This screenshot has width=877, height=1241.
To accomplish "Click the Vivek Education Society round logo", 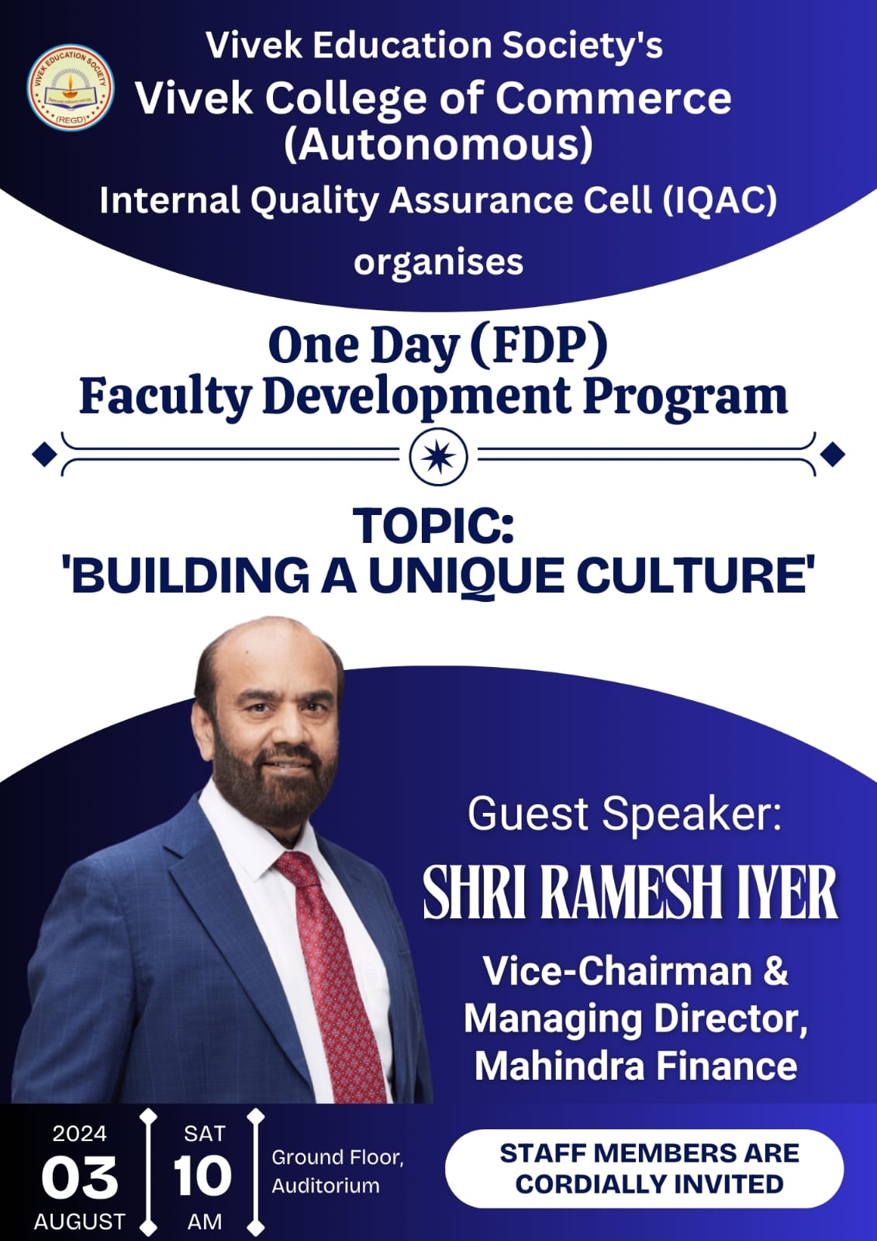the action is click(x=71, y=88).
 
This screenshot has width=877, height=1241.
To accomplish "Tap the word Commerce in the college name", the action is click(x=613, y=99).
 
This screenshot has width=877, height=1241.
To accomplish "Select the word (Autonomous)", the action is click(x=438, y=145).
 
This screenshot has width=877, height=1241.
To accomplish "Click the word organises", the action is click(x=438, y=263).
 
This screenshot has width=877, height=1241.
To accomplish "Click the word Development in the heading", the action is click(x=416, y=396).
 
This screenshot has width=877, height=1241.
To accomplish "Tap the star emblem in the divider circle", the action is click(x=438, y=457).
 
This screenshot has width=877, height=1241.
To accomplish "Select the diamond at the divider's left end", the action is click(x=44, y=455).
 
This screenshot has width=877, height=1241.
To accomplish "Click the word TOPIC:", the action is click(x=434, y=526).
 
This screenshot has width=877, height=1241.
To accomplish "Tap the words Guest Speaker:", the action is click(x=624, y=814).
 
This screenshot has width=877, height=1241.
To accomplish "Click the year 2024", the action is click(x=79, y=1133).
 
